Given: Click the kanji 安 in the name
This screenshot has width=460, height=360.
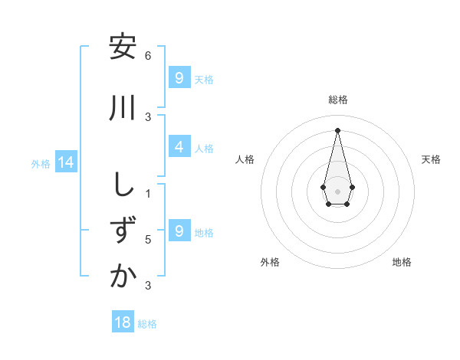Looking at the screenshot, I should [x=122, y=47].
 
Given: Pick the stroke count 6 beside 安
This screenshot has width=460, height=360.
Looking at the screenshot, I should [x=148, y=56].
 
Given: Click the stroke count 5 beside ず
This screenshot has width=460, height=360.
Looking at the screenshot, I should [x=148, y=240].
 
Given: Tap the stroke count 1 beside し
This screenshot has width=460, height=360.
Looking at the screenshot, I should [x=148, y=194].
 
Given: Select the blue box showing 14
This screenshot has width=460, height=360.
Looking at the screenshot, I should [x=65, y=162].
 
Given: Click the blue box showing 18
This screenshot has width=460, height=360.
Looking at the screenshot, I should [x=123, y=322].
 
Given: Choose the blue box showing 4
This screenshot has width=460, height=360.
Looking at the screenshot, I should [x=179, y=148].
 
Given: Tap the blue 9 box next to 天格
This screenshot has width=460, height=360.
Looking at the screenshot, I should [x=179, y=78].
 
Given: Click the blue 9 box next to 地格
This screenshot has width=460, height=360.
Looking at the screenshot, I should [x=179, y=231].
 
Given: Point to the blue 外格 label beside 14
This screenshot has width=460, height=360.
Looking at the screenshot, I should [x=41, y=163].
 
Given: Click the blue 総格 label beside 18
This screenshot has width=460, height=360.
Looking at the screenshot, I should [x=147, y=324].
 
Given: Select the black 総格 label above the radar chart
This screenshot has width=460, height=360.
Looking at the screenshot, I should [x=338, y=100].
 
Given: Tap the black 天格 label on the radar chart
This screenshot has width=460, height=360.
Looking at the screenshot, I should [x=432, y=159].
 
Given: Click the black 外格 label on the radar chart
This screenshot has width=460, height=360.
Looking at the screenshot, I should [x=270, y=262].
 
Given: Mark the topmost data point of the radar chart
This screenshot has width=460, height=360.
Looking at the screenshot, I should [x=338, y=130].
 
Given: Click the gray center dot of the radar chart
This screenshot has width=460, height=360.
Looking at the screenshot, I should [x=338, y=191].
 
